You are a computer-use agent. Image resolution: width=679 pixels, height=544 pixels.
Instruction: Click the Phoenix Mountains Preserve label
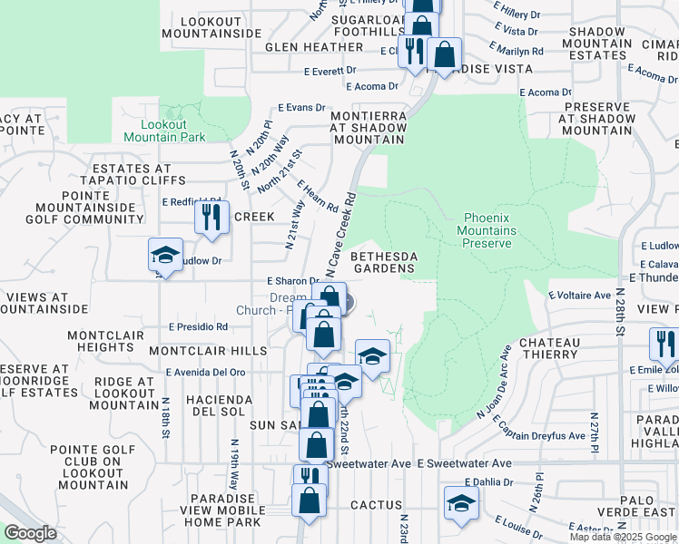click(x=489, y=230)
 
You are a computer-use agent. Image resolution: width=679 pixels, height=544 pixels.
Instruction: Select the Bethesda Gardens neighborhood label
click(x=384, y=261)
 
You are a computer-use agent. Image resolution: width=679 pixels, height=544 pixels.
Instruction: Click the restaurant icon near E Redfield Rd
click(x=212, y=217)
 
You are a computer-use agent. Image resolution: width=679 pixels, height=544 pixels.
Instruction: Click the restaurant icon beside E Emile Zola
click(x=664, y=345)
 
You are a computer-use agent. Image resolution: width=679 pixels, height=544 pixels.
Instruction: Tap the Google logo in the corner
click(x=30, y=533)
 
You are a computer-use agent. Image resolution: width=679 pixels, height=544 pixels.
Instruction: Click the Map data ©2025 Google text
click(x=623, y=537)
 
